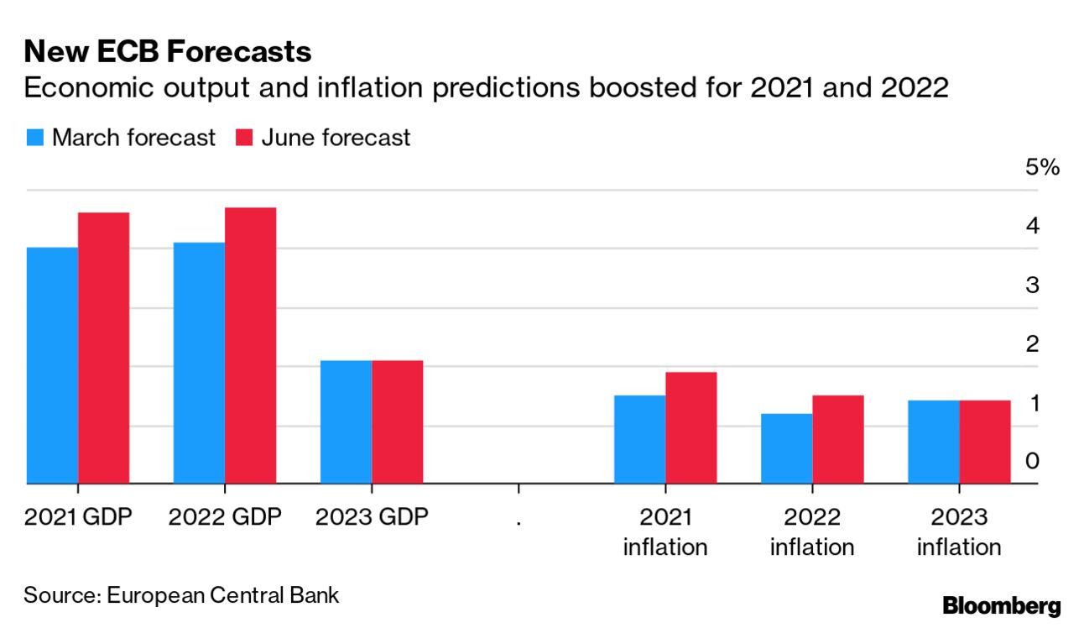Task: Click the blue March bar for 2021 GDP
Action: (52, 365)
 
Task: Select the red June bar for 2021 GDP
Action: (103, 348)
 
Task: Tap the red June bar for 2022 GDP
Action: (250, 345)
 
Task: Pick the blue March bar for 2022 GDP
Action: (199, 363)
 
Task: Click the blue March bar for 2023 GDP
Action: (346, 421)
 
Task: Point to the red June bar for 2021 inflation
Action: (691, 427)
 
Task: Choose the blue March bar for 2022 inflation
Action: (787, 448)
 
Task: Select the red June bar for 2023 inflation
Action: (985, 442)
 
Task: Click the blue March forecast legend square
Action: (34, 138)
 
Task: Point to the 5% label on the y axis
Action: (1043, 167)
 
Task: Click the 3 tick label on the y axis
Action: (1033, 285)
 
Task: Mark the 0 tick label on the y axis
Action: (1033, 461)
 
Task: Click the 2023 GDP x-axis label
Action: (372, 516)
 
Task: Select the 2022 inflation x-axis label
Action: (812, 531)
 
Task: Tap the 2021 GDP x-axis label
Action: (78, 516)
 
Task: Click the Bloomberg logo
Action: (1002, 605)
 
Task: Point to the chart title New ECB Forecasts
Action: (168, 52)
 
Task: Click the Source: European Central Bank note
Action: (181, 596)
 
